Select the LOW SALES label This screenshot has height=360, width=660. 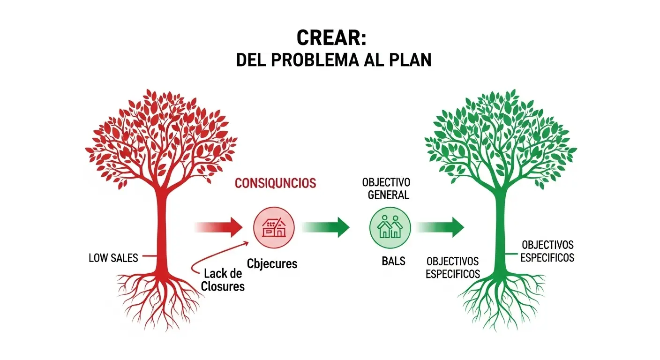(x=113, y=258)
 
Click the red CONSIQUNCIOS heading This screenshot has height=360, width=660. (x=275, y=183)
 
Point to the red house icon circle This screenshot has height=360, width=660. (x=274, y=228)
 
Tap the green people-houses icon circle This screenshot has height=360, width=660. (x=390, y=228)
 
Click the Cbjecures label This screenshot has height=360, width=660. (x=272, y=263)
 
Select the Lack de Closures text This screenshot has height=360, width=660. (x=223, y=280)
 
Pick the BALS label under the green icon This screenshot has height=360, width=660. (x=393, y=261)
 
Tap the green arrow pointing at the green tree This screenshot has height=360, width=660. (x=441, y=227)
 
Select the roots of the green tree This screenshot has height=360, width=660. (x=501, y=300)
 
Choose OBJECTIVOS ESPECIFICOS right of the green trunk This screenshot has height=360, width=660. (x=547, y=251)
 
